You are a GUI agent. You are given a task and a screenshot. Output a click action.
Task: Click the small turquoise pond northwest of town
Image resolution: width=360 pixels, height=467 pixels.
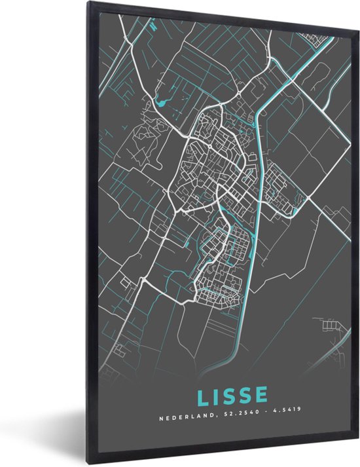coord(162,102)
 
